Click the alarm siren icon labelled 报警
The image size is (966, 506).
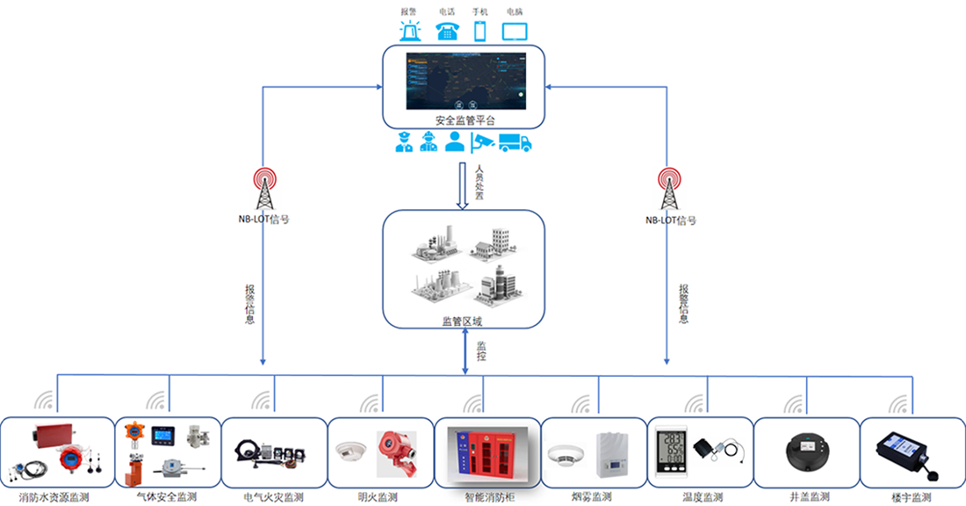point(409,32)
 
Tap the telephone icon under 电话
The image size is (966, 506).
point(447,32)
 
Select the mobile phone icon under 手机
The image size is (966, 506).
point(480,32)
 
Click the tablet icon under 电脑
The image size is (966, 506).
point(515,32)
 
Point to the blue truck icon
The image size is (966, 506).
point(515,142)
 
